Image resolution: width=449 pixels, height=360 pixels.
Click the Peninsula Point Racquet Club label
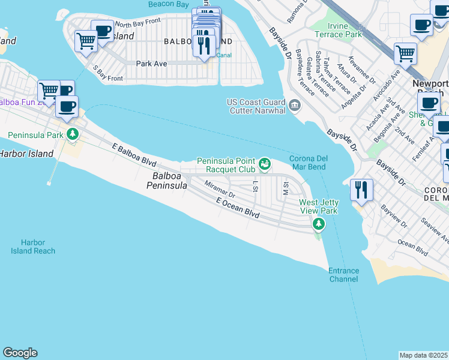[226, 165]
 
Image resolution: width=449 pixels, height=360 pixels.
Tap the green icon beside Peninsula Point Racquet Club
[264, 164]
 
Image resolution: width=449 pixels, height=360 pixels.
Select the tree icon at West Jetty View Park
[318, 224]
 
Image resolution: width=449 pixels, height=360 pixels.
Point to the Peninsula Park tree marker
[73, 133]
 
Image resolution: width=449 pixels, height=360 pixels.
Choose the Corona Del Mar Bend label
[308, 163]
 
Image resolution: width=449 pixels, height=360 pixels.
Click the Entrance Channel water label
[343, 275]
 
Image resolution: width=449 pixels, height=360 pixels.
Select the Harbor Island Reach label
[33, 247]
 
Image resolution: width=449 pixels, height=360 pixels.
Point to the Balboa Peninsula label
[167, 181]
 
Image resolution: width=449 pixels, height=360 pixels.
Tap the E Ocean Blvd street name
[238, 211]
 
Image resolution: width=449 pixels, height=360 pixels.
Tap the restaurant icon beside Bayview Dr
[361, 190]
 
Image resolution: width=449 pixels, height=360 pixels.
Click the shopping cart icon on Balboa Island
[86, 41]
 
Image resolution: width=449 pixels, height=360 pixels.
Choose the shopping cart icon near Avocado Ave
[405, 53]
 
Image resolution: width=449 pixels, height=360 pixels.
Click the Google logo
[20, 353]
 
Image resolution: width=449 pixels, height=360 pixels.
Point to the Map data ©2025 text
[423, 355]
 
